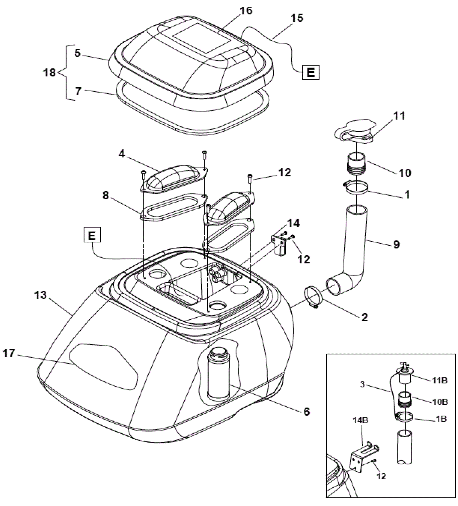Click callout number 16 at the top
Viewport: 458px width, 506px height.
pyautogui.click(x=246, y=11)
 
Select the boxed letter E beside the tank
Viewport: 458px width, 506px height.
pyautogui.click(x=92, y=235)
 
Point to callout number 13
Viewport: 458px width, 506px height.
pyautogui.click(x=40, y=295)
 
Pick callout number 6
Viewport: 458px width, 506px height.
pyautogui.click(x=307, y=412)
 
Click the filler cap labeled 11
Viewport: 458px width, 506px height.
pyautogui.click(x=355, y=131)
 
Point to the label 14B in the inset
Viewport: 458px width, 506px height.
pyautogui.click(x=360, y=420)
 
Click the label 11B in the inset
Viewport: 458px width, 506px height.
pyautogui.click(x=440, y=381)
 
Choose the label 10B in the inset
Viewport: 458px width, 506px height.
pyautogui.click(x=440, y=402)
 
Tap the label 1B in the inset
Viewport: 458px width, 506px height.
pyautogui.click(x=441, y=419)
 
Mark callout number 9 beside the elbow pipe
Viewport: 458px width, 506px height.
pyautogui.click(x=396, y=244)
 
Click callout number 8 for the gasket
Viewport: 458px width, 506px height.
pyautogui.click(x=106, y=196)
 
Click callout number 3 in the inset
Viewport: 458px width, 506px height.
pyautogui.click(x=362, y=384)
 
